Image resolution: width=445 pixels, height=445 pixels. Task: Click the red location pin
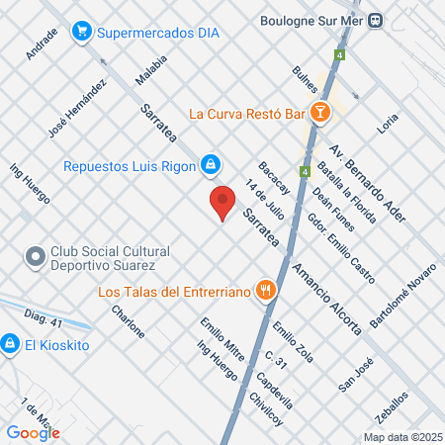coord(223,202)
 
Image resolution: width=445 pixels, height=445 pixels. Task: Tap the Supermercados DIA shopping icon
coord(84,32)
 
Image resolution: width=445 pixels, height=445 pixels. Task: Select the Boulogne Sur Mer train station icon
coord(375,20)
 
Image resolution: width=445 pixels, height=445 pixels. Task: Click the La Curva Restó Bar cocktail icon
coord(319,113)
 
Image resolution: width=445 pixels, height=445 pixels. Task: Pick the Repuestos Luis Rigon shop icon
coord(210,164)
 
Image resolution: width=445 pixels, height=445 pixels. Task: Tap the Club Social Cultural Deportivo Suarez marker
coord(36,258)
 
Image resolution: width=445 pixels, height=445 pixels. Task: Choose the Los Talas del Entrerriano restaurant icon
coord(264,291)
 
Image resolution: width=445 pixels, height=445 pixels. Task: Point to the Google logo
coord(33,432)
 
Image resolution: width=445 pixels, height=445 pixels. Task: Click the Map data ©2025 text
coord(400,436)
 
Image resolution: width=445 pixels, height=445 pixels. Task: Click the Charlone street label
coord(128,322)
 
